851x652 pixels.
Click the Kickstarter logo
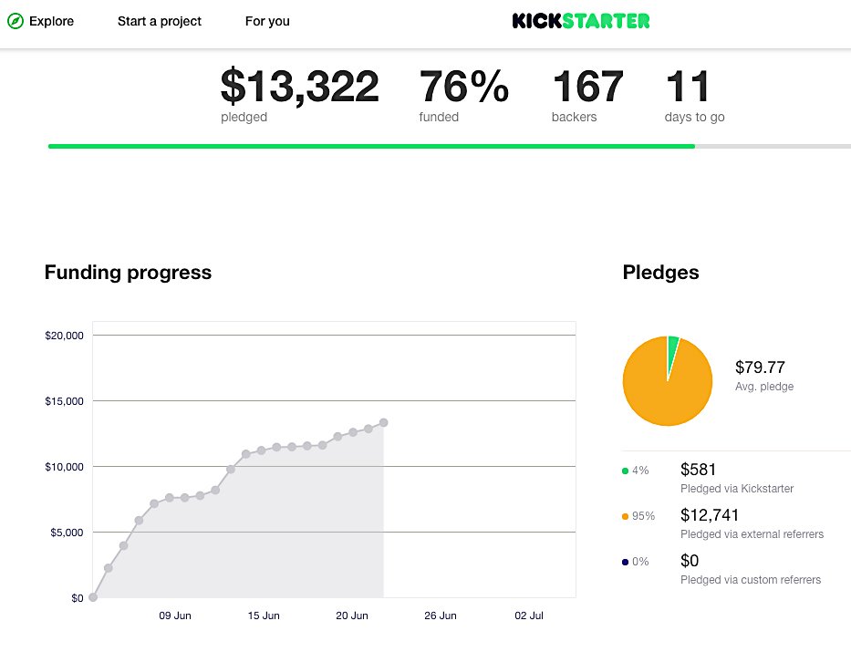pyautogui.click(x=581, y=21)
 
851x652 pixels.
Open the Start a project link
pyautogui.click(x=160, y=21)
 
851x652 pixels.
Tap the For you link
pyautogui.click(x=267, y=21)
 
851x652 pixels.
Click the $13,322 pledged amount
pyautogui.click(x=300, y=88)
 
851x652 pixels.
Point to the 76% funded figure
pyautogui.click(x=463, y=88)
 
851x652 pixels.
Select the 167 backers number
pyautogui.click(x=587, y=88)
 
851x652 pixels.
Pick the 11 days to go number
pyautogui.click(x=688, y=88)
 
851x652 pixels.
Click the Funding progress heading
pyautogui.click(x=128, y=272)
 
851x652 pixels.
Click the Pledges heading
pyautogui.click(x=660, y=272)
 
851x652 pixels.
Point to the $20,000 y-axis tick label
pyautogui.click(x=64, y=336)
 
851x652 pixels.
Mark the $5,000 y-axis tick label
pyautogui.click(x=67, y=533)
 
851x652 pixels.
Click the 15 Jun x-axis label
pyautogui.click(x=264, y=616)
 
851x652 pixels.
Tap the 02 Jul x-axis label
pyautogui.click(x=529, y=616)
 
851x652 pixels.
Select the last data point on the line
pyautogui.click(x=384, y=422)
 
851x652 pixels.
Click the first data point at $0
pyautogui.click(x=93, y=597)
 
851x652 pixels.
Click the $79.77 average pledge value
pyautogui.click(x=760, y=367)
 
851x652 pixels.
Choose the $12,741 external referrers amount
pyautogui.click(x=710, y=515)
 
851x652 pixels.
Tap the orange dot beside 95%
pyautogui.click(x=625, y=516)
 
